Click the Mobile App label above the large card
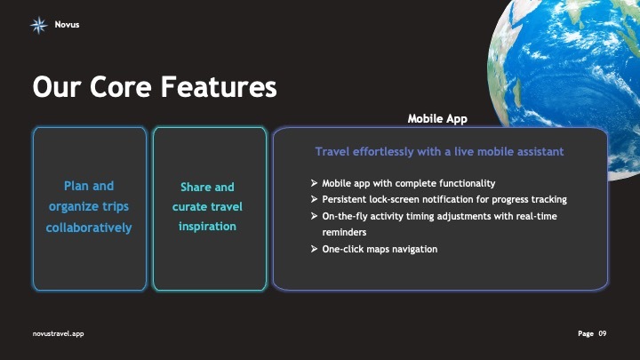[x=437, y=118]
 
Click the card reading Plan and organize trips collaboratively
[x=89, y=209]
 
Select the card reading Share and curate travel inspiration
[x=209, y=209]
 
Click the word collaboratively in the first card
[x=89, y=228]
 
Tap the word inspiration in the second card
[x=208, y=226]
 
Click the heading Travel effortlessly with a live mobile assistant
[x=440, y=152]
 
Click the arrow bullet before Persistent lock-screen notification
[x=315, y=199]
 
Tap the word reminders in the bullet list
[x=345, y=232]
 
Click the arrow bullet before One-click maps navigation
[x=315, y=249]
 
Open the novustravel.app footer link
[x=58, y=332]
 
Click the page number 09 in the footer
[x=602, y=332]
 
